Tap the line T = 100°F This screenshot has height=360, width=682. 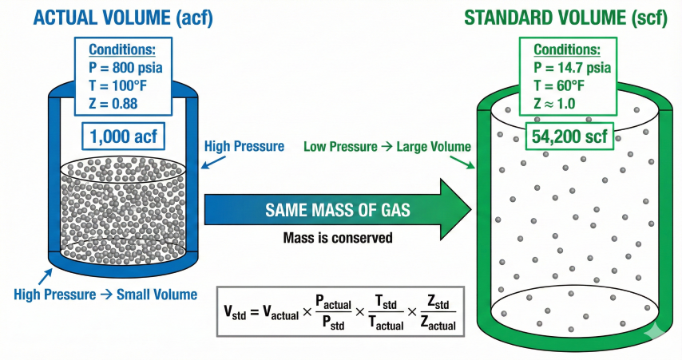(x=117, y=85)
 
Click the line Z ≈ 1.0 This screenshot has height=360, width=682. (x=558, y=103)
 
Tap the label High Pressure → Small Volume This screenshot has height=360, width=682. (x=105, y=295)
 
